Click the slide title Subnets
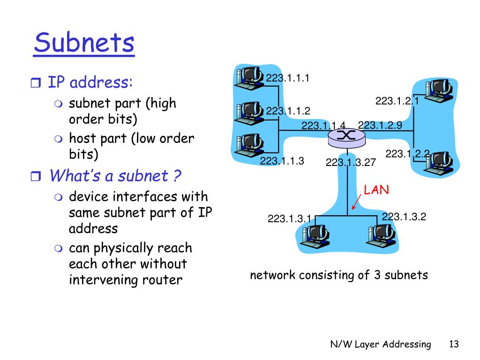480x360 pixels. click(x=84, y=43)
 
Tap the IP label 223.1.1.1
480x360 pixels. click(x=288, y=78)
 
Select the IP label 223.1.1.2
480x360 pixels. click(x=288, y=111)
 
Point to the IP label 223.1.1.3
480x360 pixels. click(x=282, y=161)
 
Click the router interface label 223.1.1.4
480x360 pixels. click(x=323, y=125)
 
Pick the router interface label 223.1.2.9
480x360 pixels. click(x=380, y=125)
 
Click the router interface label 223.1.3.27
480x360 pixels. click(x=351, y=162)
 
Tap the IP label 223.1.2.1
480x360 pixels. click(x=397, y=101)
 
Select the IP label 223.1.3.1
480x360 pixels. click(x=289, y=218)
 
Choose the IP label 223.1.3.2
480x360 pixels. click(x=404, y=217)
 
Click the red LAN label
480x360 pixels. click(x=377, y=190)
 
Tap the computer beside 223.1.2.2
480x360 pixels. click(x=438, y=162)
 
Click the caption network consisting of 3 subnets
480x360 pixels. click(x=339, y=275)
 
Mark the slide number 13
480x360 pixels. click(x=453, y=345)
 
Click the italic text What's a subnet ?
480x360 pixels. click(x=115, y=176)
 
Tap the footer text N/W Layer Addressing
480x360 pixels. click(x=380, y=345)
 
